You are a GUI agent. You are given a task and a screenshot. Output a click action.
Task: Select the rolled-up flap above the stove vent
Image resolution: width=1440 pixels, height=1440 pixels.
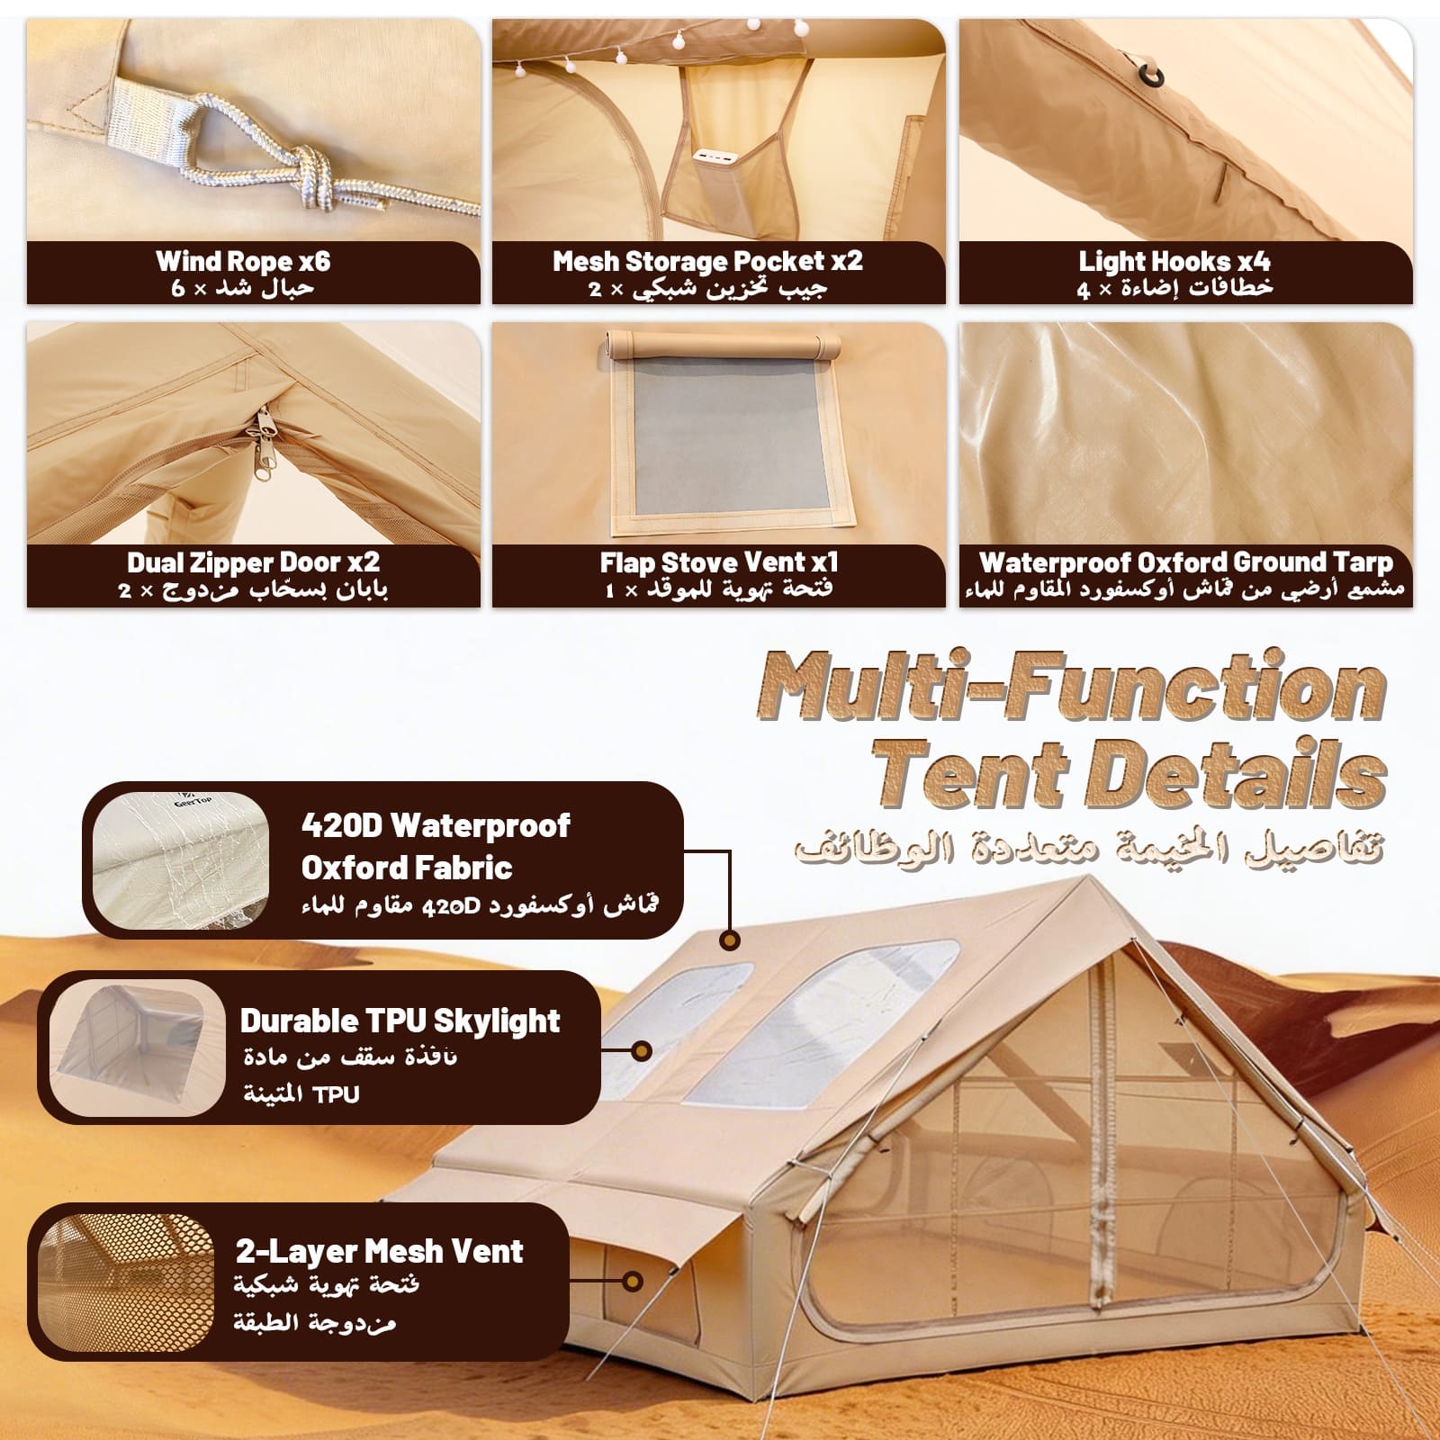[x=723, y=344]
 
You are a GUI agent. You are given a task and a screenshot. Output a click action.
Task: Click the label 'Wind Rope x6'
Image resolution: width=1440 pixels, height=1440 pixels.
[x=243, y=261]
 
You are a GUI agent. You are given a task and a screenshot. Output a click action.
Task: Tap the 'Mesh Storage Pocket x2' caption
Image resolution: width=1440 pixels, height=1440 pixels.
[x=707, y=261]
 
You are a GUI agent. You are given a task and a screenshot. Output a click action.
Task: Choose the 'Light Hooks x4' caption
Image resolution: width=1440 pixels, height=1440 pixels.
[x=1174, y=261]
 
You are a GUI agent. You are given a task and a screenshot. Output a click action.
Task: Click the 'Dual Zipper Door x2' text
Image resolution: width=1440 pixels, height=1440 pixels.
[x=253, y=562]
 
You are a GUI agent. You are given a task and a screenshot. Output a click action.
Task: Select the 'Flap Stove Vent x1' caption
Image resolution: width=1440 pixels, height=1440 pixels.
[x=719, y=562]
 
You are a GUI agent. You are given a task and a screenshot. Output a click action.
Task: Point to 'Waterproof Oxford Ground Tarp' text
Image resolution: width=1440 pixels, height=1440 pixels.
[x=1185, y=562]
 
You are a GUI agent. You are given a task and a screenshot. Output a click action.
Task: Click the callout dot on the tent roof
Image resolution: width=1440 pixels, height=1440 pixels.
[x=731, y=940]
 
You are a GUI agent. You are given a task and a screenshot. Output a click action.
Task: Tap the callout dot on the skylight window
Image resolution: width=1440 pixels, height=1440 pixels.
[x=642, y=1050]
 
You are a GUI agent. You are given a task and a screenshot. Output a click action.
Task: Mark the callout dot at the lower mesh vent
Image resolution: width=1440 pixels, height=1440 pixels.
[x=634, y=1281]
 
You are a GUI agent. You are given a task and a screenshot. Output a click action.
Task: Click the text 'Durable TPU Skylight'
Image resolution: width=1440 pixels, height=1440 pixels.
[x=400, y=1021]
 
